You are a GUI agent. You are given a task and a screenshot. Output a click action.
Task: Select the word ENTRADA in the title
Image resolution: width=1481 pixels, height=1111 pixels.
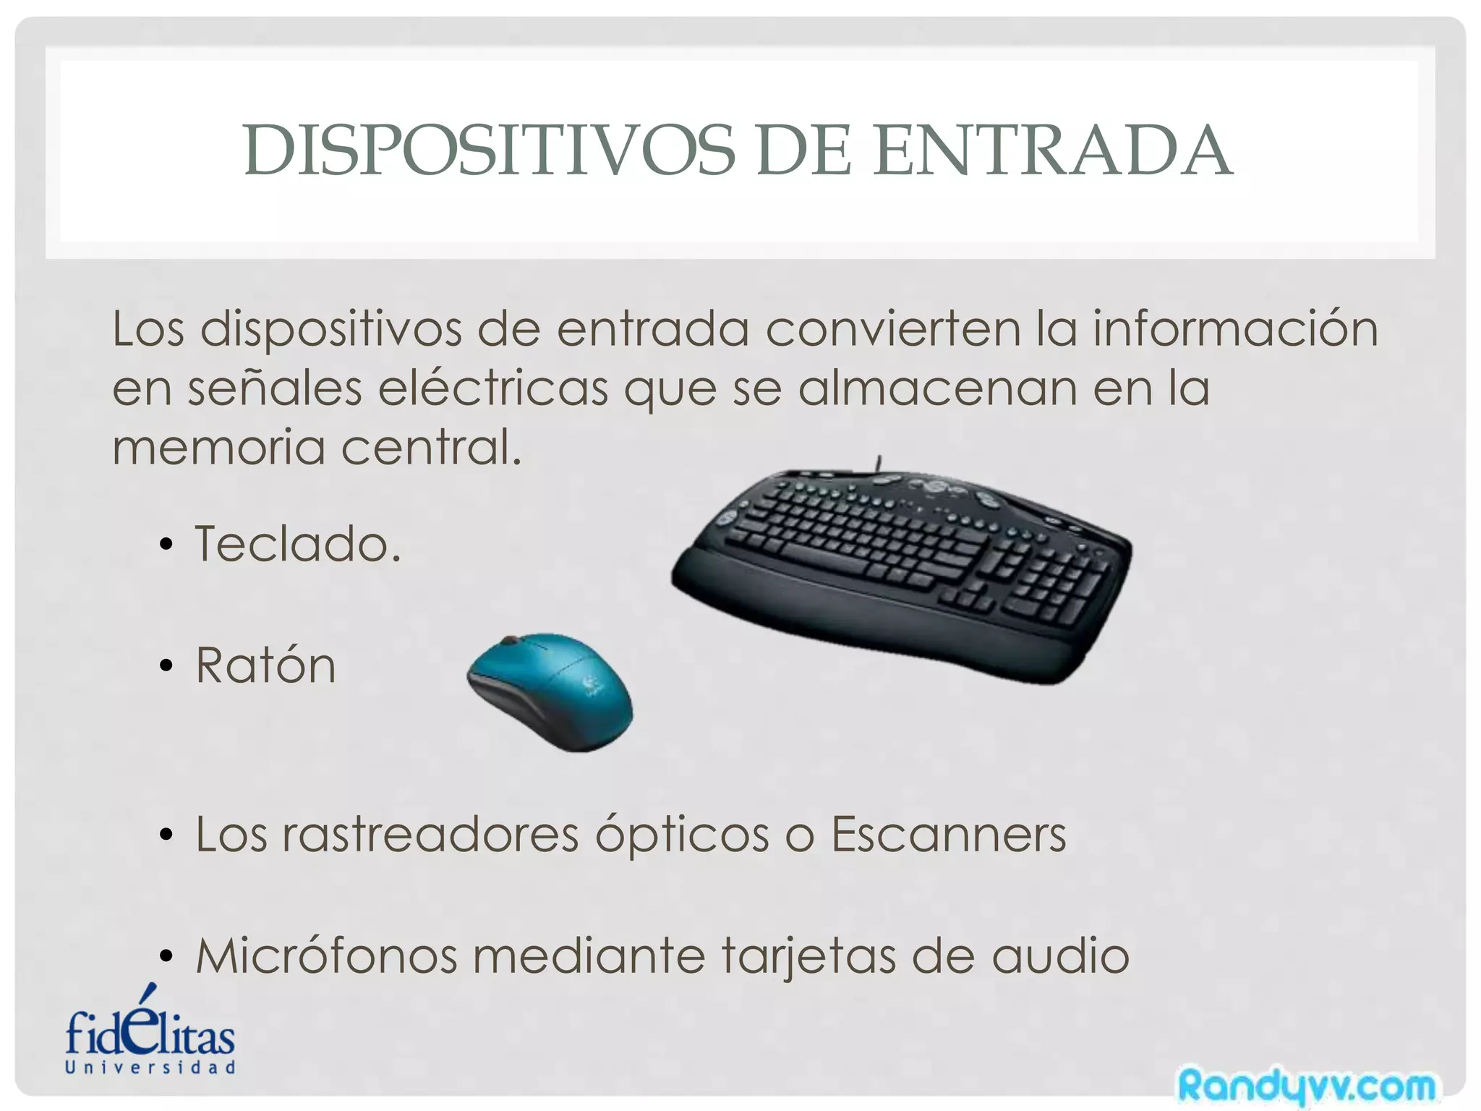[1053, 151]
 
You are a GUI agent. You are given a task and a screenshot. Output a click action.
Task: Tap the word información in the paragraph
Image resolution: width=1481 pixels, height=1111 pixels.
[1235, 329]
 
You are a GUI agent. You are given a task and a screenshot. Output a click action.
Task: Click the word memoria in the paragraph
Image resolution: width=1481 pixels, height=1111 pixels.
[218, 447]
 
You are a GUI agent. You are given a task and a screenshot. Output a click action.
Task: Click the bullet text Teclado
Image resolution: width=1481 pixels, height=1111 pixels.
[297, 544]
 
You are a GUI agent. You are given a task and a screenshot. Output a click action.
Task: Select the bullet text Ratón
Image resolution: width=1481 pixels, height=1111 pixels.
[265, 665]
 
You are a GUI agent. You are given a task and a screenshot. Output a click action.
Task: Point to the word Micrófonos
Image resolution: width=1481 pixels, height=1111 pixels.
[327, 956]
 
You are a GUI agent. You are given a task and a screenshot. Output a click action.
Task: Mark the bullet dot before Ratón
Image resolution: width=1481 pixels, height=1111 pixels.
[166, 666]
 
